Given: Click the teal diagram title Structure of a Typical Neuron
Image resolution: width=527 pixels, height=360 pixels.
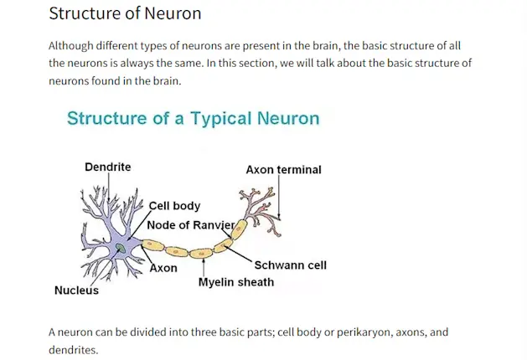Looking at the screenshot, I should click(193, 118).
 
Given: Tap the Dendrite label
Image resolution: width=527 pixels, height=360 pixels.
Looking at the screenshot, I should click(107, 167).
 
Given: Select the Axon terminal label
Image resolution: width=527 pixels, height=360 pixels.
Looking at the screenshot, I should click(283, 169).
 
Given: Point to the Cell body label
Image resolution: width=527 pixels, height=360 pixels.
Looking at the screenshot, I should click(174, 206).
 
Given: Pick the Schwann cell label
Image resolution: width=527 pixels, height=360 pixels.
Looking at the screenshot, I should click(290, 265).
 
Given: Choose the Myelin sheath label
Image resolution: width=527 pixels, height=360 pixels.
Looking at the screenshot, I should click(235, 282).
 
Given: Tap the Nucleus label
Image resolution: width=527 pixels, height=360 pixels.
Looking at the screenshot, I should click(76, 291).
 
